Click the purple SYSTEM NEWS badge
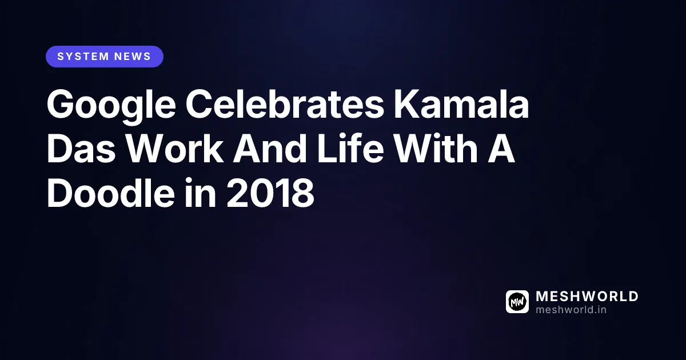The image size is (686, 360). click(105, 57)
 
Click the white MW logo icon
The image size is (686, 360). click(517, 302)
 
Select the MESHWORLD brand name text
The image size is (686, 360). click(587, 297)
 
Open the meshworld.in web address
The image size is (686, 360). click(571, 310)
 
